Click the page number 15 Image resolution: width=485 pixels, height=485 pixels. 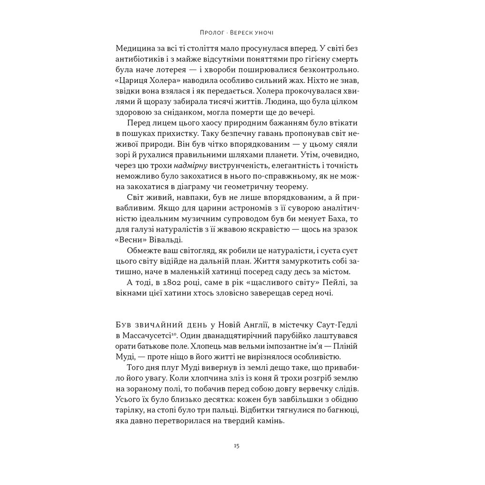(x=236, y=446)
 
